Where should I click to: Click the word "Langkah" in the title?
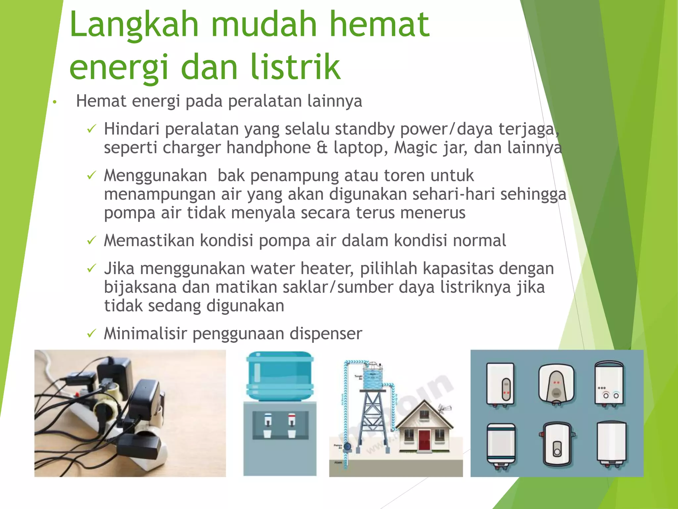coord(134,25)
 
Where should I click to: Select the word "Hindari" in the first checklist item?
coord(132,129)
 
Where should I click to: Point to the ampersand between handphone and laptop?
coord(322,148)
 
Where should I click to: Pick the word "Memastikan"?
coord(149,241)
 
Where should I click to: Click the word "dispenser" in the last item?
coord(326,334)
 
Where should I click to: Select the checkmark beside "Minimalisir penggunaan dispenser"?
coord(91,333)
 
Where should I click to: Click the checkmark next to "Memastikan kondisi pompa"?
coord(91,240)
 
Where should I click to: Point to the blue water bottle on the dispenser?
coord(280,376)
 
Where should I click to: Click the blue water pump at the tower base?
coord(347,447)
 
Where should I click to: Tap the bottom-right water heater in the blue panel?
coord(611,444)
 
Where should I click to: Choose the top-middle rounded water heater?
coord(556,384)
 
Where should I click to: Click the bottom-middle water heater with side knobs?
coord(557,444)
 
